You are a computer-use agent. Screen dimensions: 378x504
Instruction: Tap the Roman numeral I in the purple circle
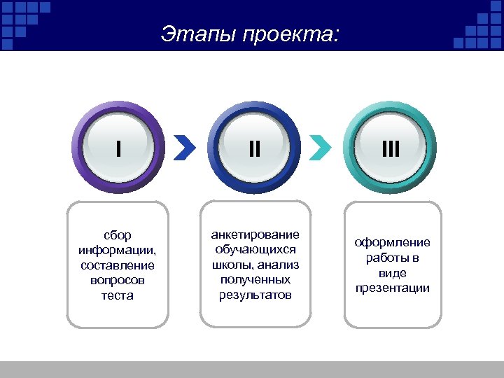118,148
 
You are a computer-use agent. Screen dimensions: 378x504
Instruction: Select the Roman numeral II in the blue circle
255,148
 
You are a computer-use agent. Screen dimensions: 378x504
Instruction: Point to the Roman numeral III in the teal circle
391,148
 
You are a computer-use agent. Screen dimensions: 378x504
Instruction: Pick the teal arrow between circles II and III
320,148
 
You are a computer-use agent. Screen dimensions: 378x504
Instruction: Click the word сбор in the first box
117,236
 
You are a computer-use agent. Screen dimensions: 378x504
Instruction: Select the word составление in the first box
117,265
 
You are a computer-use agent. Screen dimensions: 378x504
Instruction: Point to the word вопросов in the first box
117,280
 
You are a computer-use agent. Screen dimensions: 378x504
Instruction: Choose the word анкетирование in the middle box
255,234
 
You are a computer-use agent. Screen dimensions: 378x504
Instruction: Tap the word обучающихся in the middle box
255,249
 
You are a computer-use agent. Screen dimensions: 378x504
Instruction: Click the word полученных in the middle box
255,279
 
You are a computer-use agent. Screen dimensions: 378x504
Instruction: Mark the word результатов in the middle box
255,294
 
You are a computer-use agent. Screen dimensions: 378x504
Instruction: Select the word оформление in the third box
392,243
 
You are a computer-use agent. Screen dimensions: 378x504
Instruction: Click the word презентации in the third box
392,288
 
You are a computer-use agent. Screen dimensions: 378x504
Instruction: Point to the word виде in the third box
392,273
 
